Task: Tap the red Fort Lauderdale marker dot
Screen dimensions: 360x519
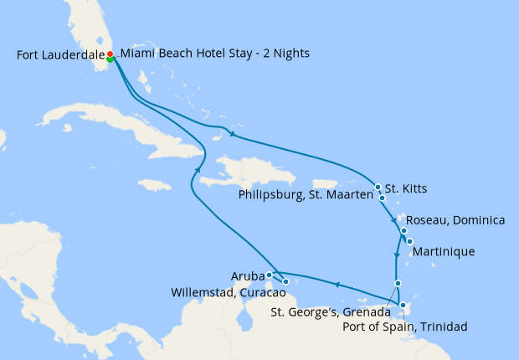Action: pos(110,54)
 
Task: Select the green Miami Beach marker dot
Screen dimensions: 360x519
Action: pos(110,59)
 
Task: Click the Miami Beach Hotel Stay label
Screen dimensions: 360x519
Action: pos(214,53)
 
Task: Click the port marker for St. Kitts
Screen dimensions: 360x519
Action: pos(378,188)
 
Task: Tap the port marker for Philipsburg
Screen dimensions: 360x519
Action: pos(383,198)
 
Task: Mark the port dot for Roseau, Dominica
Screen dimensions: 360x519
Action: pos(403,231)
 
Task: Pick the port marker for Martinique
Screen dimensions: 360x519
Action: pos(409,242)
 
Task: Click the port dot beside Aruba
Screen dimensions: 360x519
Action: pos(269,275)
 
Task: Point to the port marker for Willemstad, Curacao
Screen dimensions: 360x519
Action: pos(285,281)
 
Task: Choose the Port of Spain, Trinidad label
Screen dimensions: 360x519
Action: pos(405,327)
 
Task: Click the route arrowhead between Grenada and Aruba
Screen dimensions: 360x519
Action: pos(337,285)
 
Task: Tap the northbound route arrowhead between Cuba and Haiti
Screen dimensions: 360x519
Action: pos(199,170)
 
